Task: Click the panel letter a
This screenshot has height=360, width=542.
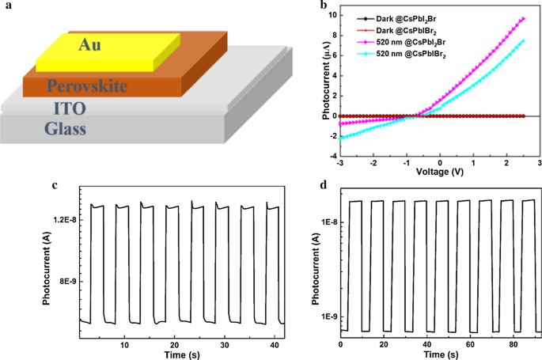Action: (x=6, y=6)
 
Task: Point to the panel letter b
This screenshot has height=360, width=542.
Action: (x=301, y=6)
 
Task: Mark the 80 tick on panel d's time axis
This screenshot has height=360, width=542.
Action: (x=510, y=345)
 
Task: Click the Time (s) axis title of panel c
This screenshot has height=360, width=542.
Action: (x=180, y=354)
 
